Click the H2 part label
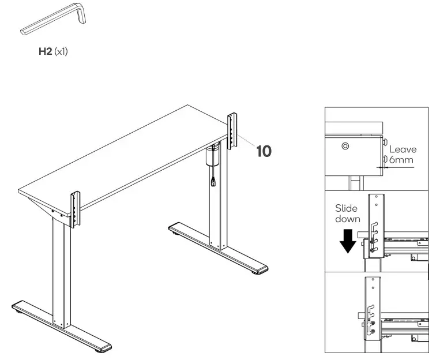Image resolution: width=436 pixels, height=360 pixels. pyautogui.click(x=45, y=51)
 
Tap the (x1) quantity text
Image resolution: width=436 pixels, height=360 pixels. pyautogui.click(x=61, y=51)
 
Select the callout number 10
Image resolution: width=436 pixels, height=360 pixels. pyautogui.click(x=264, y=151)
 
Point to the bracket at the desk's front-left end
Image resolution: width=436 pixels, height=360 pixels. pyautogui.click(x=75, y=207)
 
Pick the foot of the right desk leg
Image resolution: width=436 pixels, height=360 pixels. pyautogui.click(x=219, y=248)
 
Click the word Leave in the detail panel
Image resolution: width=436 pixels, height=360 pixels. pyautogui.click(x=403, y=149)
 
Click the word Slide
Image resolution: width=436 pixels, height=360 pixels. pyautogui.click(x=346, y=209)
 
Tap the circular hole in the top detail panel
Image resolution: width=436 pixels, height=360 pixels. pyautogui.click(x=345, y=147)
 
